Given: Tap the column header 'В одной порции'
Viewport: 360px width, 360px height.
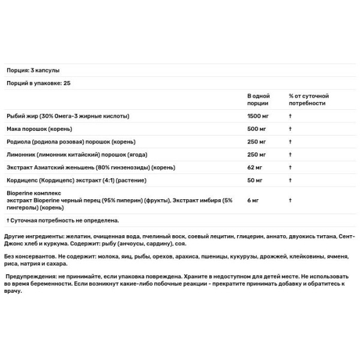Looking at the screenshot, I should pos(258,100).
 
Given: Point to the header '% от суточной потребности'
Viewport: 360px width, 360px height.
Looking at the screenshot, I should pos(308,100).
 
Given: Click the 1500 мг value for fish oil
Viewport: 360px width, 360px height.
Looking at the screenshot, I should pos(258,116).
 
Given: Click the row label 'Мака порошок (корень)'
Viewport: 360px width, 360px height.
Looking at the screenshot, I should pos(37,129).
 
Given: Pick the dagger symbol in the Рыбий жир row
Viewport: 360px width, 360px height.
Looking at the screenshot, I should pos(290,116).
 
